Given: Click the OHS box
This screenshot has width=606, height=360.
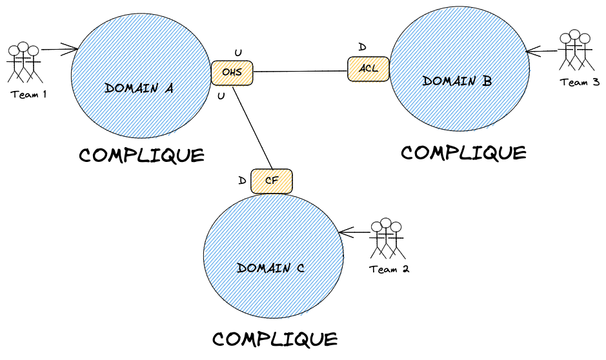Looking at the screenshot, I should pyautogui.click(x=232, y=72).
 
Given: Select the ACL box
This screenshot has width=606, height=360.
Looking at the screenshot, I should pyautogui.click(x=369, y=69).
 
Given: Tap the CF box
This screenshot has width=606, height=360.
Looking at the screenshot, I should pyautogui.click(x=272, y=181).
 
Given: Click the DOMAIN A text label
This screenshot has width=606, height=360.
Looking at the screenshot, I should pyautogui.click(x=139, y=88).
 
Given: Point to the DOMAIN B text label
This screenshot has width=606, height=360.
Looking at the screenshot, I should pyautogui.click(x=457, y=81).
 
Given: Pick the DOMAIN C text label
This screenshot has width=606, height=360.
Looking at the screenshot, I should pyautogui.click(x=270, y=268).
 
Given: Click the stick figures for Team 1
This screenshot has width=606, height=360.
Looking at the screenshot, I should pyautogui.click(x=23, y=62).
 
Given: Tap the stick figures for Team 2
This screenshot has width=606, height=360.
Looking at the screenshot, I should pyautogui.click(x=387, y=238).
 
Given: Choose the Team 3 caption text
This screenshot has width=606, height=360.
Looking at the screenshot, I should pyautogui.click(x=580, y=82).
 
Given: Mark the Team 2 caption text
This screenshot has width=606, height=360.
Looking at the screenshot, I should pyautogui.click(x=389, y=269).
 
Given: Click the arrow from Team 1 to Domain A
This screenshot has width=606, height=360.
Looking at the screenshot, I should pyautogui.click(x=59, y=48).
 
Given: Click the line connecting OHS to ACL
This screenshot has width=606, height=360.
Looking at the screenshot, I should pyautogui.click(x=300, y=71).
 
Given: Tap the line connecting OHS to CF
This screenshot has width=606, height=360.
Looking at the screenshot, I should pyautogui.click(x=253, y=126).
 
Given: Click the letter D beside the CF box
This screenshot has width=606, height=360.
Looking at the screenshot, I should pyautogui.click(x=242, y=181).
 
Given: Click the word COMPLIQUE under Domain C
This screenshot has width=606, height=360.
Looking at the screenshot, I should pyautogui.click(x=275, y=339).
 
